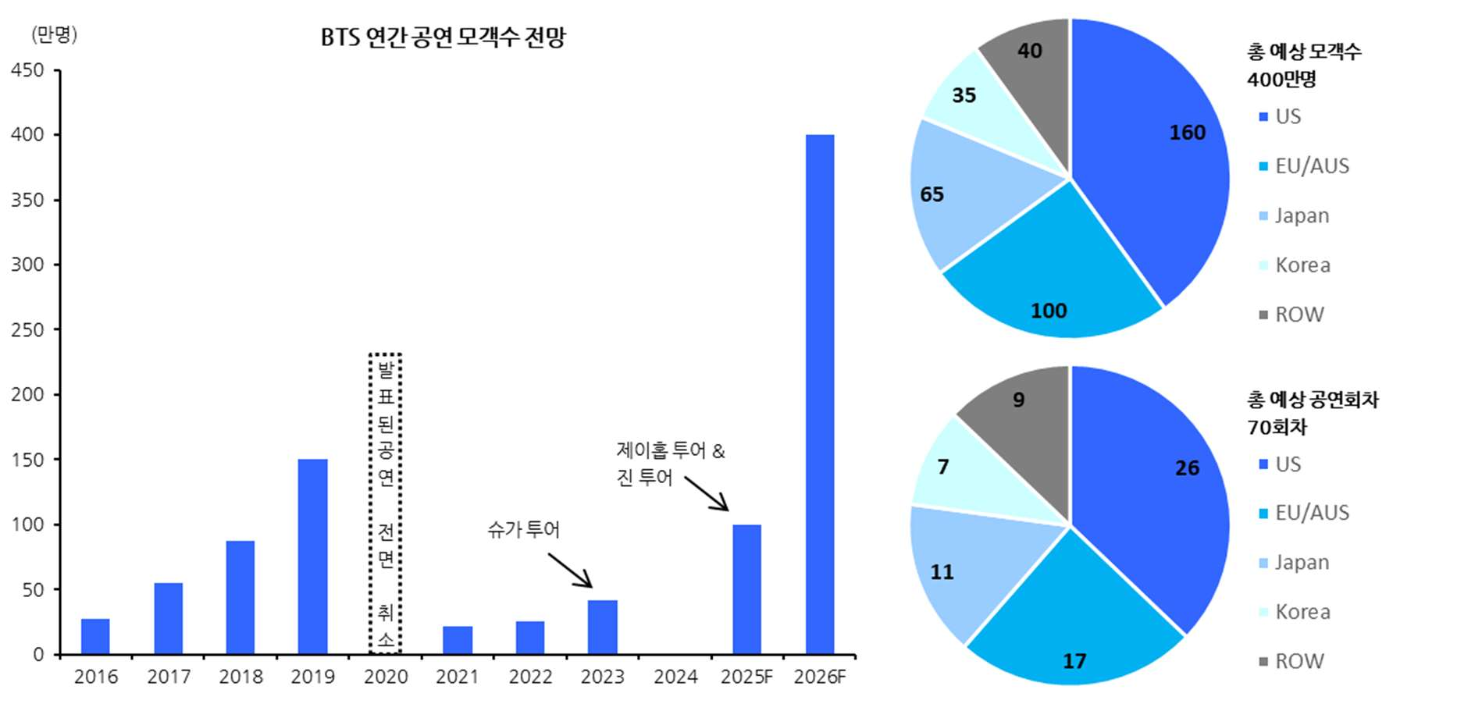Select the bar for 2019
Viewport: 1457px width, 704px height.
312,556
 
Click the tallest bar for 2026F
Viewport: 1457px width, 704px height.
819,394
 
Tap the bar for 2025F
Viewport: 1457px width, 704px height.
746,588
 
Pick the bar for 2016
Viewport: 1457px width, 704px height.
95,636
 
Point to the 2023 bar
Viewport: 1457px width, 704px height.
602,627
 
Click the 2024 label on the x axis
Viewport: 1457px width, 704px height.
675,677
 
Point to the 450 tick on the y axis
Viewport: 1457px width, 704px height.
27,70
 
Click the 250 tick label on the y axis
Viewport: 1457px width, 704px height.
27,329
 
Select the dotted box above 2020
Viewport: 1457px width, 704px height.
385,503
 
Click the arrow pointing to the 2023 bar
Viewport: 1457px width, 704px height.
570,570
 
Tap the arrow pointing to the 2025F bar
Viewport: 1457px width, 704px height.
707,493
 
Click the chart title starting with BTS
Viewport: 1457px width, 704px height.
443,37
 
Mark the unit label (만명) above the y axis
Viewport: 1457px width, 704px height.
54,34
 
